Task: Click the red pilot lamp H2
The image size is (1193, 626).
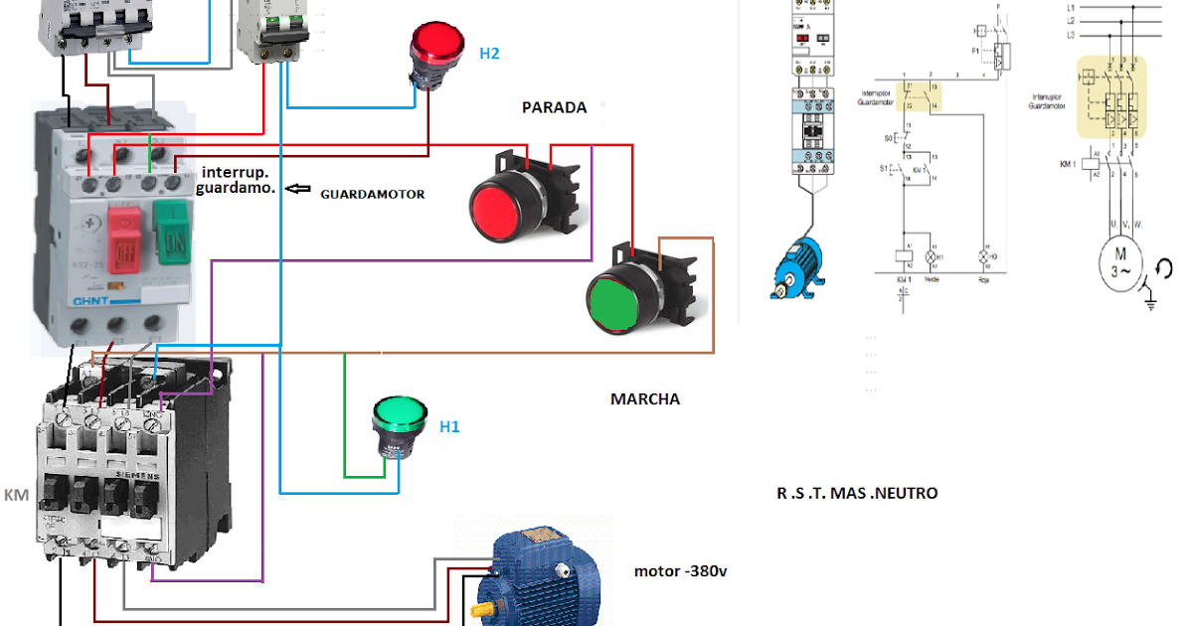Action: [436, 46]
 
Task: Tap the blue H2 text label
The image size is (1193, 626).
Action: [489, 54]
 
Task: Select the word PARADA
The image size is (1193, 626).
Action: [554, 107]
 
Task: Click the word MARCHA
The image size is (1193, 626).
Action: [645, 398]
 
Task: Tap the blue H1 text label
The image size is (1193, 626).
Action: [449, 426]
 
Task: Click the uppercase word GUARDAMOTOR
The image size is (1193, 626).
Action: [372, 195]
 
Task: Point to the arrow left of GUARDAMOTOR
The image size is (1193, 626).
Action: [298, 189]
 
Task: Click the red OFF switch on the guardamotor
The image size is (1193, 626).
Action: [124, 237]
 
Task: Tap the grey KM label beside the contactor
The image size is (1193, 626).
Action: [17, 495]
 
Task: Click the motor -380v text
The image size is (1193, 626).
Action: [680, 571]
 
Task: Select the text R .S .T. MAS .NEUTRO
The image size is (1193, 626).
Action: [857, 493]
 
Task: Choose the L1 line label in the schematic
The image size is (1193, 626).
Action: [1071, 6]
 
